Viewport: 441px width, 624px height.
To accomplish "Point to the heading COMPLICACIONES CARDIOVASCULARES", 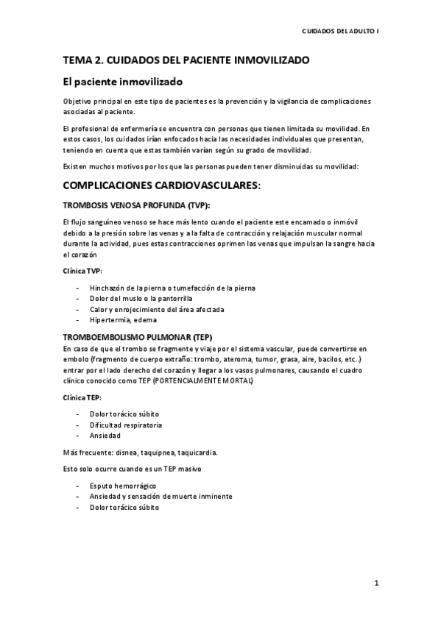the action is click(x=163, y=187).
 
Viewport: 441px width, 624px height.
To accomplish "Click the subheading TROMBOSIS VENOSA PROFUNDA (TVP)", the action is click(x=137, y=206).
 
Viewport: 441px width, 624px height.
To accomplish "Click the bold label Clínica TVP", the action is click(x=82, y=270).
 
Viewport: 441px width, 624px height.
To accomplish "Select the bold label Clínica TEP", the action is click(x=82, y=397).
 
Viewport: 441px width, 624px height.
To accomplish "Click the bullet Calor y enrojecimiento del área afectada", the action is click(x=147, y=309).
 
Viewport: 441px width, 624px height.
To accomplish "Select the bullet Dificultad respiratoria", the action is click(x=126, y=425).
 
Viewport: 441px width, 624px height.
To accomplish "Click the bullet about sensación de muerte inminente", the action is click(x=160, y=496).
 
